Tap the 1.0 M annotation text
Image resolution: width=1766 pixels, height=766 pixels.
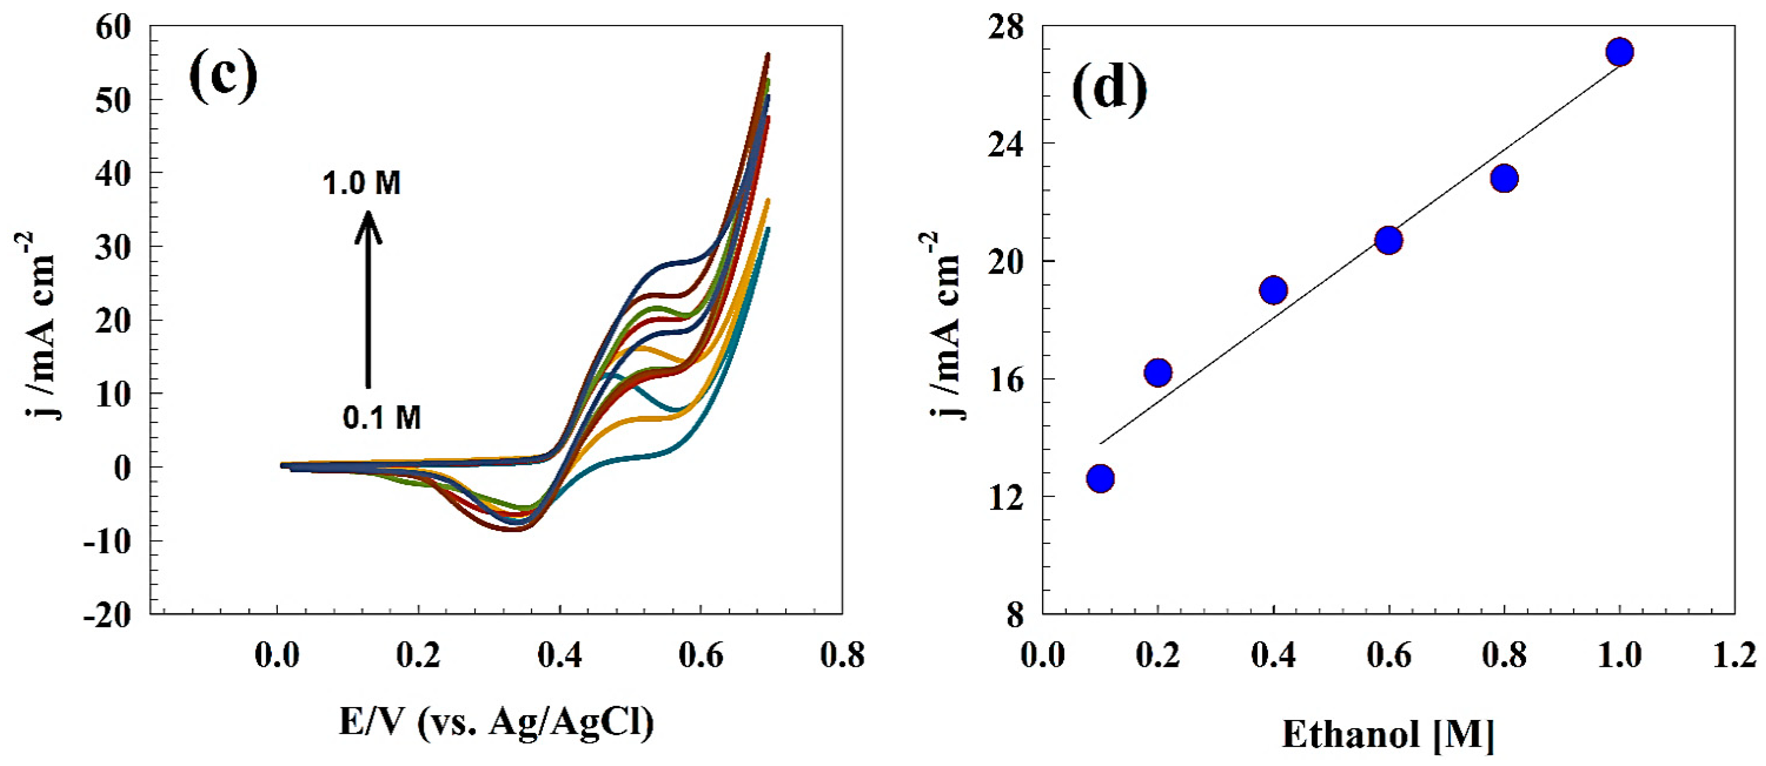point(362,184)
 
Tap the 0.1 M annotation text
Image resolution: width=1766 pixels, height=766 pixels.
point(382,417)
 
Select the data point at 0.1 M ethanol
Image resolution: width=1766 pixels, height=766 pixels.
point(1101,478)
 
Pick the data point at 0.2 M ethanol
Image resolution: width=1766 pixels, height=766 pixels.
point(1158,372)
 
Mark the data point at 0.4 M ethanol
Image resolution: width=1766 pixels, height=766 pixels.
point(1273,290)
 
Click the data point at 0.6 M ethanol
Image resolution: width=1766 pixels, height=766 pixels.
point(1388,240)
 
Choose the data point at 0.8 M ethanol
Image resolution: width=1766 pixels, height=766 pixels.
point(1504,178)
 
